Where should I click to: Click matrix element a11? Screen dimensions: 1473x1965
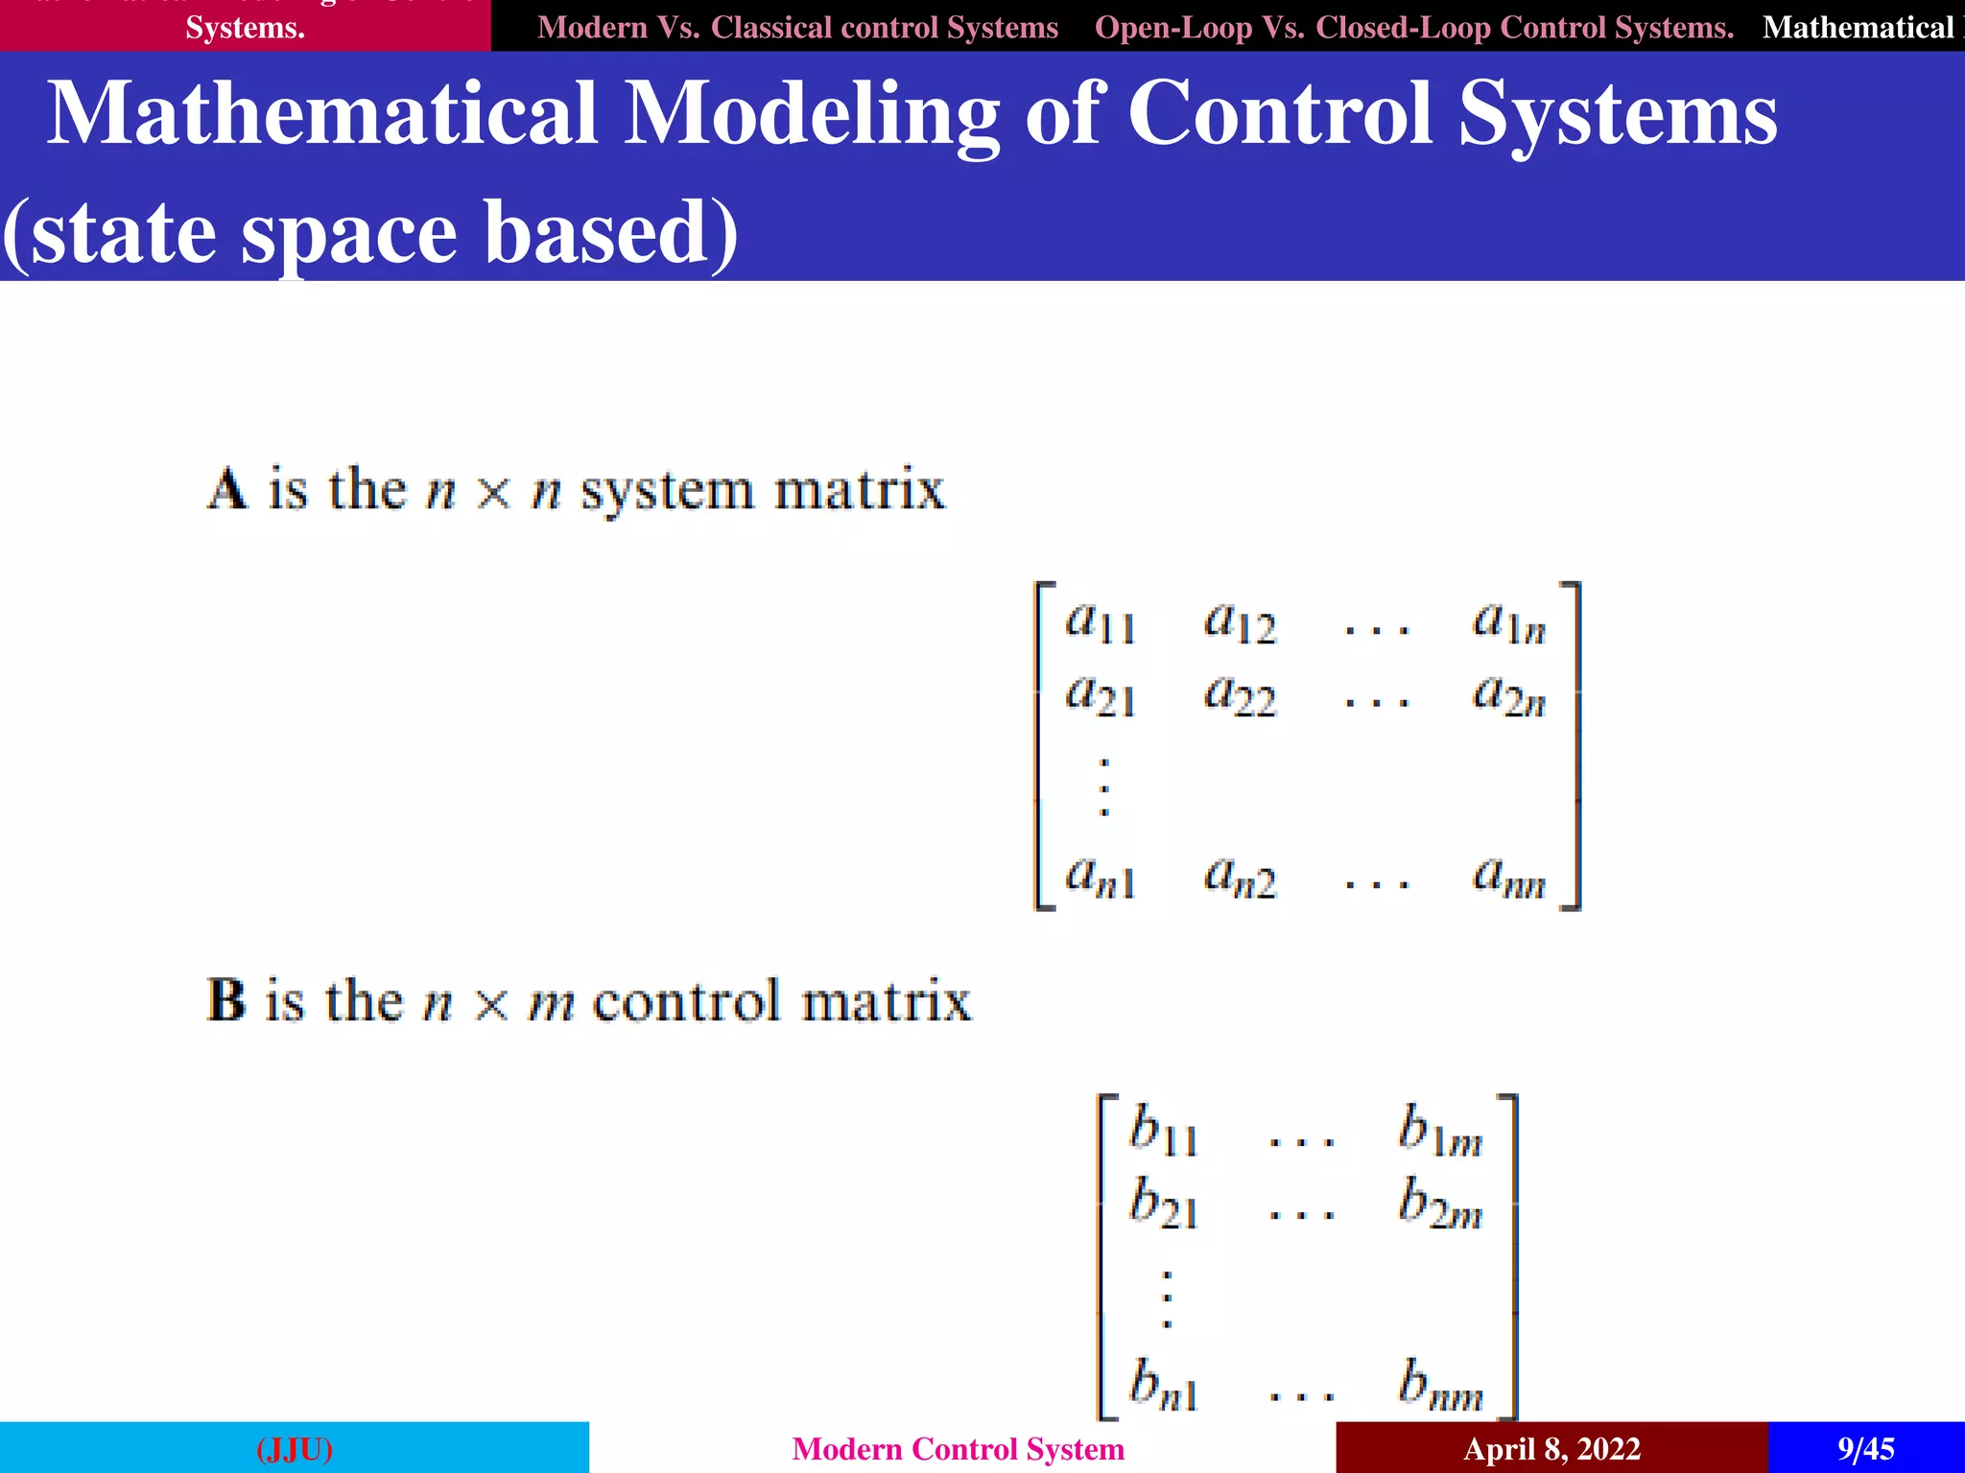coord(1101,622)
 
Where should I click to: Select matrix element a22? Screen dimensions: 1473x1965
coord(1240,695)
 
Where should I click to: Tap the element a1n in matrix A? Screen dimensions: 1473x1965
coord(1508,622)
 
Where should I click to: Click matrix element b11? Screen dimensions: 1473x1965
coord(1163,1132)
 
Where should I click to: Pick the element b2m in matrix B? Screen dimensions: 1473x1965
coord(1439,1205)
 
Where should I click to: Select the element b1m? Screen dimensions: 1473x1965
coord(1439,1132)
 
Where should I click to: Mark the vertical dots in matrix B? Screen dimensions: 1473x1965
coord(1167,1299)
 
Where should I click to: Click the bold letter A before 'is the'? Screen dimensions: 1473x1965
coord(227,490)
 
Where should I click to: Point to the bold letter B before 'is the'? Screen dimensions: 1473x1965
coord(226,1001)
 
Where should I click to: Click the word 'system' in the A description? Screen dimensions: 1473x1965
coord(668,492)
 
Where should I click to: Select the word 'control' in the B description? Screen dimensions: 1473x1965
coord(686,1002)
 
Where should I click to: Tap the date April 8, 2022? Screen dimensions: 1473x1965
coord(1551,1448)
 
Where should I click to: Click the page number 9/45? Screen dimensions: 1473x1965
coord(1865,1448)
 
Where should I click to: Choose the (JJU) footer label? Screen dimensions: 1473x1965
coord(295,1448)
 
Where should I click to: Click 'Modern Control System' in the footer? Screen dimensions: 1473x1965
coord(958,1448)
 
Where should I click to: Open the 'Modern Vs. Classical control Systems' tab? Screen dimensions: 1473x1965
coord(797,27)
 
